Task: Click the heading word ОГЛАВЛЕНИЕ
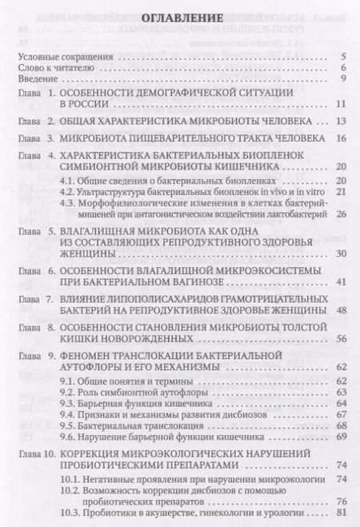point(180,17)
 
